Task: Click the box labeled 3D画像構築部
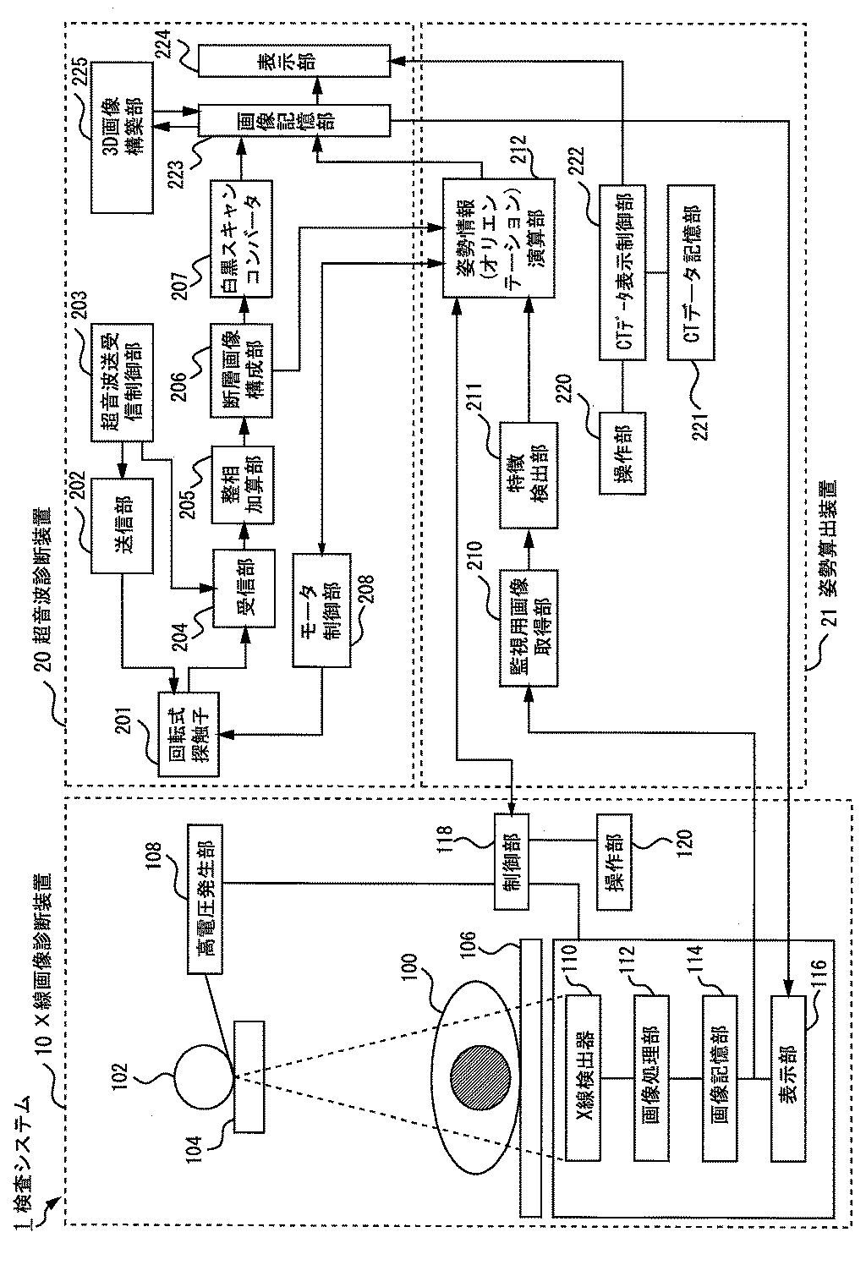coord(122,137)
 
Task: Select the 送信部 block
coord(122,526)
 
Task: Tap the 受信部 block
coord(244,589)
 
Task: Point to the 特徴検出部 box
coord(529,475)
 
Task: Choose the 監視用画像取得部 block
coord(529,628)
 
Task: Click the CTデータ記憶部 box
coord(691,272)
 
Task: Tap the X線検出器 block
coord(583,1077)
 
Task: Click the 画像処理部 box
coord(651,1077)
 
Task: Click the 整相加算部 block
coord(243,485)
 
